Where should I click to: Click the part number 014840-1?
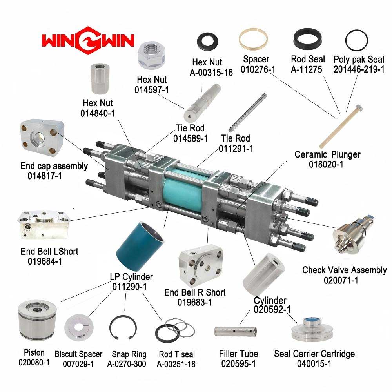coord(98,113)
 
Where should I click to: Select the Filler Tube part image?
coord(235,331)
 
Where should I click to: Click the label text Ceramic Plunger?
coord(327,154)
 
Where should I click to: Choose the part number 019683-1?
coord(194,302)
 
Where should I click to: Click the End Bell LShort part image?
coord(44,225)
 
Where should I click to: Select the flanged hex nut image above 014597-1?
coord(151,55)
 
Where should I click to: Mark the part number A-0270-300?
coord(127,364)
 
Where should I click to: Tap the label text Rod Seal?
coord(308,59)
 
